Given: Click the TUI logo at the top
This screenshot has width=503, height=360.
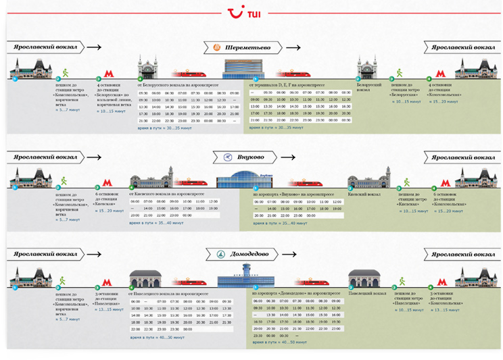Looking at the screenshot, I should point(251,13).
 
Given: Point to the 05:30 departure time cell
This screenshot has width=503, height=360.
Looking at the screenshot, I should point(143,93).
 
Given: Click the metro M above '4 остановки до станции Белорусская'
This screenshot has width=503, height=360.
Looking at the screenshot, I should point(107,72).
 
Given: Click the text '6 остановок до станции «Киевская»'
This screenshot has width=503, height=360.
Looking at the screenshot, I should point(112,197).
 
